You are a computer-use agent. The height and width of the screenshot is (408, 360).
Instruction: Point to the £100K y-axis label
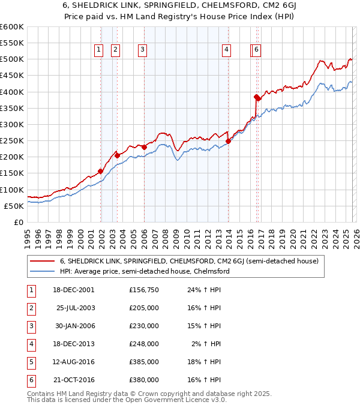(x=12, y=190)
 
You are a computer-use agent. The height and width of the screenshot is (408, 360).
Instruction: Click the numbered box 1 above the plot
(x=98, y=50)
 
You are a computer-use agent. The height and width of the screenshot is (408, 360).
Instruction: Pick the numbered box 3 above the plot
(x=142, y=50)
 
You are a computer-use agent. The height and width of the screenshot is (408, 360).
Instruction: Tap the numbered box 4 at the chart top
(x=226, y=50)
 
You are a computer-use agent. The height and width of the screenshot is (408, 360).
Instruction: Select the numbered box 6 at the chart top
(x=257, y=50)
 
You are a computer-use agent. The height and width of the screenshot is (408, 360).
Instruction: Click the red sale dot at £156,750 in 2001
(x=101, y=171)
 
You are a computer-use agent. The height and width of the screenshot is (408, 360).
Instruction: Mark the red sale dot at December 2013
(x=229, y=142)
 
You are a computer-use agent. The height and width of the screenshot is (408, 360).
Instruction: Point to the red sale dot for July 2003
(x=118, y=155)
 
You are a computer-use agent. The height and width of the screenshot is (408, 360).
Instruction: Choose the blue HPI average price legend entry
(x=144, y=271)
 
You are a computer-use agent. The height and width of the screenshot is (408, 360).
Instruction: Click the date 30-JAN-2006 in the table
(x=76, y=326)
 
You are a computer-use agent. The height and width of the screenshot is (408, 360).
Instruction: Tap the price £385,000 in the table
(x=144, y=362)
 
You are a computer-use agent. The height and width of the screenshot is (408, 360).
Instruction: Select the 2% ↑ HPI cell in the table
(x=208, y=344)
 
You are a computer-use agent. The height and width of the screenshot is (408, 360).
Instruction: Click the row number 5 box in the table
(x=29, y=362)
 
